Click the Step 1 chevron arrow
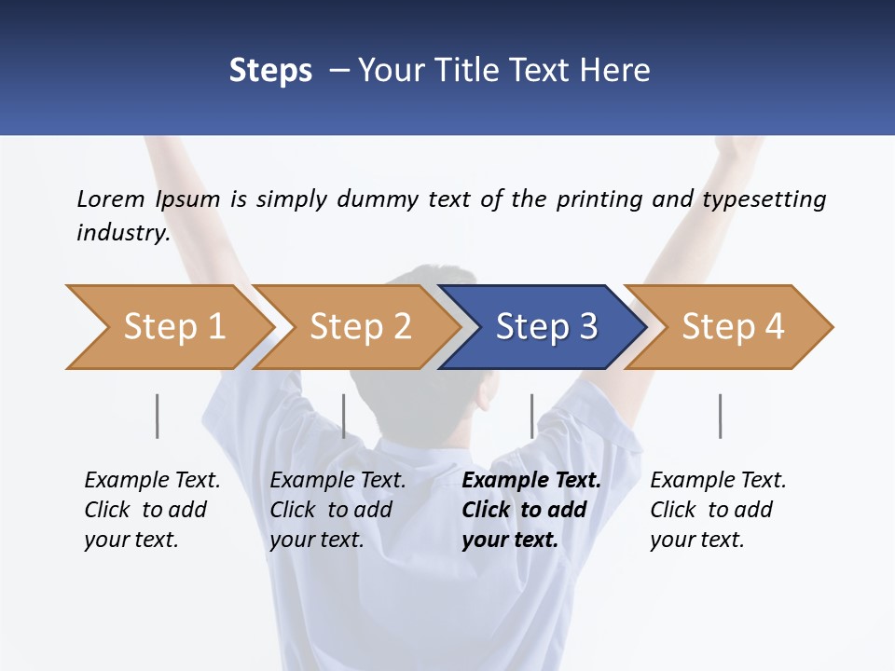172,327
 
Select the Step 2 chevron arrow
359,327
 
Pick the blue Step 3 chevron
545,327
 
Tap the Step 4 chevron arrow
732,327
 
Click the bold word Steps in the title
270,71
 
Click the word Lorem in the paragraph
111,199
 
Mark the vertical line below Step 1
158,416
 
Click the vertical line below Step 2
344,416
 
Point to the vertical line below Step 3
532,416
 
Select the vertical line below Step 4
721,416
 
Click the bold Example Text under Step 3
531,481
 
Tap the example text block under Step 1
151,510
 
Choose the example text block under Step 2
337,510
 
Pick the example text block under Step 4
717,510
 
